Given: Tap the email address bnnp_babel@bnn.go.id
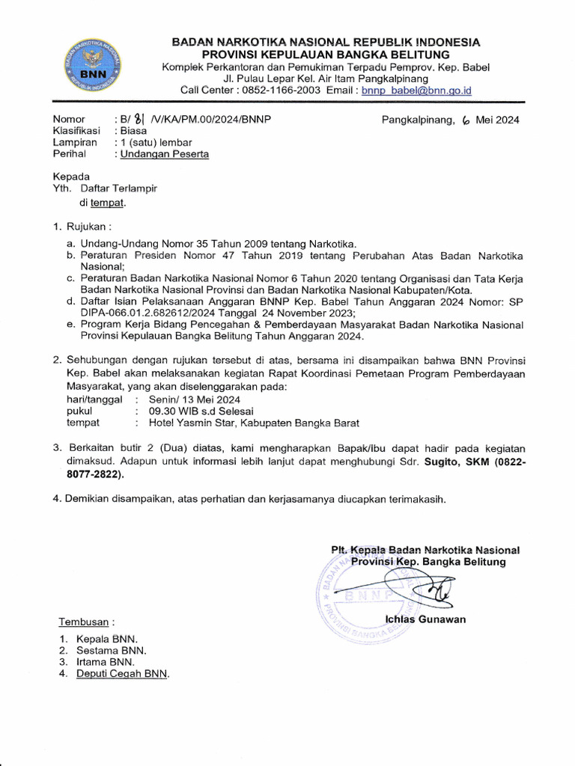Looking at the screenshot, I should point(416,91).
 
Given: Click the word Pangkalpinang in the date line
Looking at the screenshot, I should point(418,120).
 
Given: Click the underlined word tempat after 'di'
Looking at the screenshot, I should point(109,203).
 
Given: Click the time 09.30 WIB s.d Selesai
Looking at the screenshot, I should point(201,411).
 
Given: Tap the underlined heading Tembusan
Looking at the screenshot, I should point(85,622).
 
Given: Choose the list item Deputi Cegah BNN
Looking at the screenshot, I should point(123,674).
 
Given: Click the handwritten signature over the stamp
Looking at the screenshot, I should point(419,587).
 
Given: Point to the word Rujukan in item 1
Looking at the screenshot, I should point(88,227).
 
